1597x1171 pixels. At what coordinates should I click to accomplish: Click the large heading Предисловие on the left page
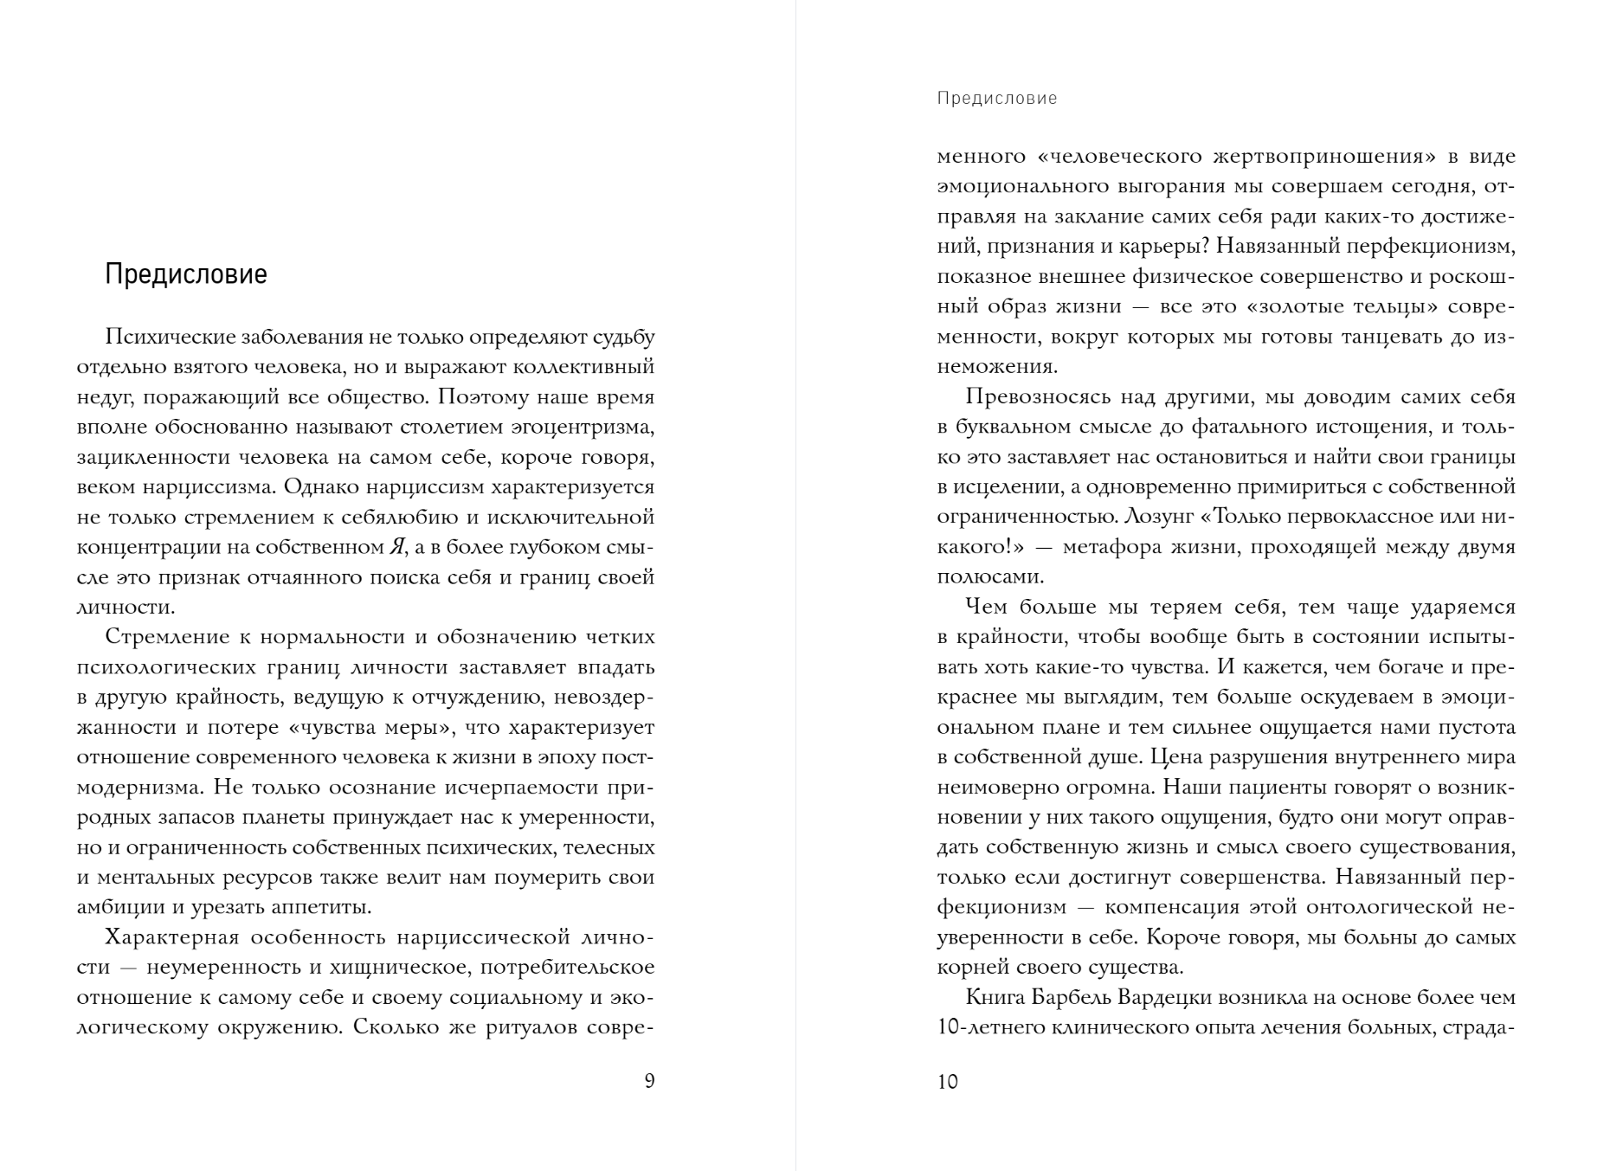coord(186,274)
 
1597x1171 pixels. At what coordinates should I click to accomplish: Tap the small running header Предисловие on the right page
coord(997,99)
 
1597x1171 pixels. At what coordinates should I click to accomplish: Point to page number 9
coord(649,1081)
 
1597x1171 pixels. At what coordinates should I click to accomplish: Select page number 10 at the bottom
coord(948,1082)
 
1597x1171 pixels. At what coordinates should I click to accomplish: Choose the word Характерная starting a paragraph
coord(171,938)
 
